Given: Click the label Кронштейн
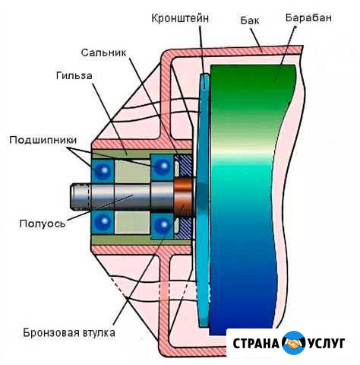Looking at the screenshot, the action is point(180,18).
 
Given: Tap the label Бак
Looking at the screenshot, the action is point(250,20).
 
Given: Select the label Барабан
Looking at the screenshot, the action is point(308,17).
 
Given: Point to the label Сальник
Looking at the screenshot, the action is point(103,52).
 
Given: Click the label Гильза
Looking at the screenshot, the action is point(74,75).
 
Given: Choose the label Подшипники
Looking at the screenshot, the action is point(43,140).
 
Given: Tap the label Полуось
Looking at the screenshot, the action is point(43,224).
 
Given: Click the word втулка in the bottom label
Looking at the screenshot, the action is point(99,332).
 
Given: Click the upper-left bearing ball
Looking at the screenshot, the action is point(103,170).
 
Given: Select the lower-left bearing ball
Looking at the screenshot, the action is point(103,221).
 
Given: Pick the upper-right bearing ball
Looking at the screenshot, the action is point(163,167).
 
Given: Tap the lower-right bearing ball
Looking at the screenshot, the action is point(163,225).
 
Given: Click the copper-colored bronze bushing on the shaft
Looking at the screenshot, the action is point(184,197).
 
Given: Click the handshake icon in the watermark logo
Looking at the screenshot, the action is point(293,343).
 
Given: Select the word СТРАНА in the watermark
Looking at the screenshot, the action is point(255,344).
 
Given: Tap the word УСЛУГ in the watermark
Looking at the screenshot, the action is point(327,344).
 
